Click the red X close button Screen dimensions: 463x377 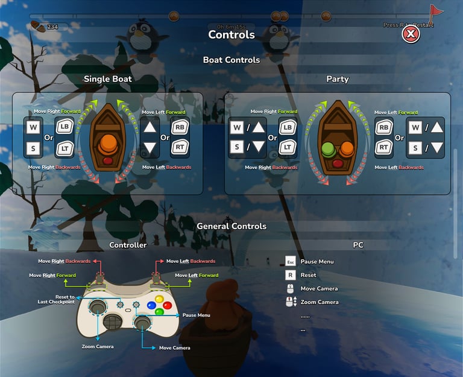click(411, 34)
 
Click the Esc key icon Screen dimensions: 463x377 click(291, 262)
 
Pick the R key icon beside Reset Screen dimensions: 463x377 click(291, 275)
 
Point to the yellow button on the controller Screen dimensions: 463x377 click(159, 299)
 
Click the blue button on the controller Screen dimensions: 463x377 click(151, 305)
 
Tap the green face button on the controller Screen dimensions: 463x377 click(159, 312)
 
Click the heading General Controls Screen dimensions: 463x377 click(231, 226)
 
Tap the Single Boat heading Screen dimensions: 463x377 click(108, 79)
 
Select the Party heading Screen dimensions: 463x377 click(338, 79)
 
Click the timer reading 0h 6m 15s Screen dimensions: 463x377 click(231, 27)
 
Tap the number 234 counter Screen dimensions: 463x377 click(52, 27)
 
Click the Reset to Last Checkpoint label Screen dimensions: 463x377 click(56, 299)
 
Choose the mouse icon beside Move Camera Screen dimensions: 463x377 click(291, 288)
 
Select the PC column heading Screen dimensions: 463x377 click(358, 245)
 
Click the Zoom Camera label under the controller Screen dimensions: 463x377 click(98, 347)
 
